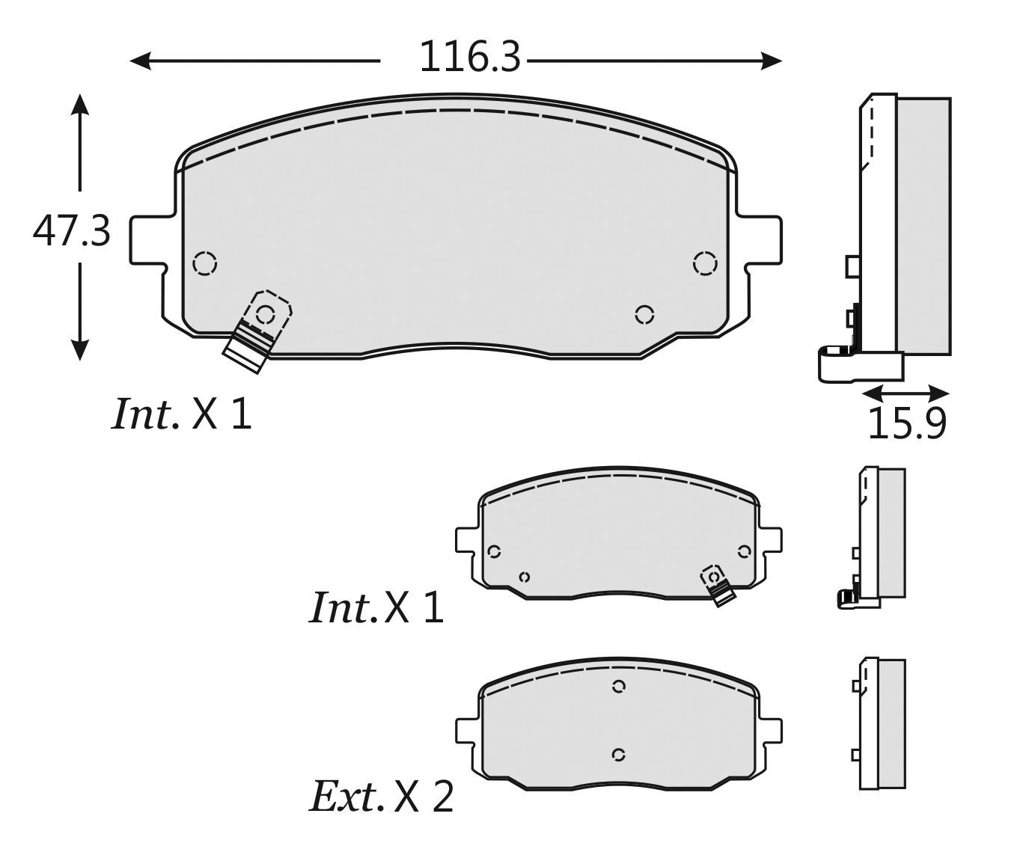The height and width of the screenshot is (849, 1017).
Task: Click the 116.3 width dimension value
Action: click(470, 58)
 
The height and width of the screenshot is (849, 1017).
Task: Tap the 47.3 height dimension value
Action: click(72, 231)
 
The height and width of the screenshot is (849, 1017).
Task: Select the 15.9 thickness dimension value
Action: click(907, 423)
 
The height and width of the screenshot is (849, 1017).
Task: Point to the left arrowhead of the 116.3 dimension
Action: click(141, 61)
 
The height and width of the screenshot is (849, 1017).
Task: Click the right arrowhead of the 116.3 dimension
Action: click(772, 61)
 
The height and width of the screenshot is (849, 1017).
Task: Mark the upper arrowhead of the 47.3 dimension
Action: click(79, 105)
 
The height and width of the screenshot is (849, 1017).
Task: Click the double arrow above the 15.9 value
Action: click(906, 393)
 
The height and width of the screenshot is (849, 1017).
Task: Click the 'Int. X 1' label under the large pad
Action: click(182, 414)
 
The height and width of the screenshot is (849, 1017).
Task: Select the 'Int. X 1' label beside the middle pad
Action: click(376, 607)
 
